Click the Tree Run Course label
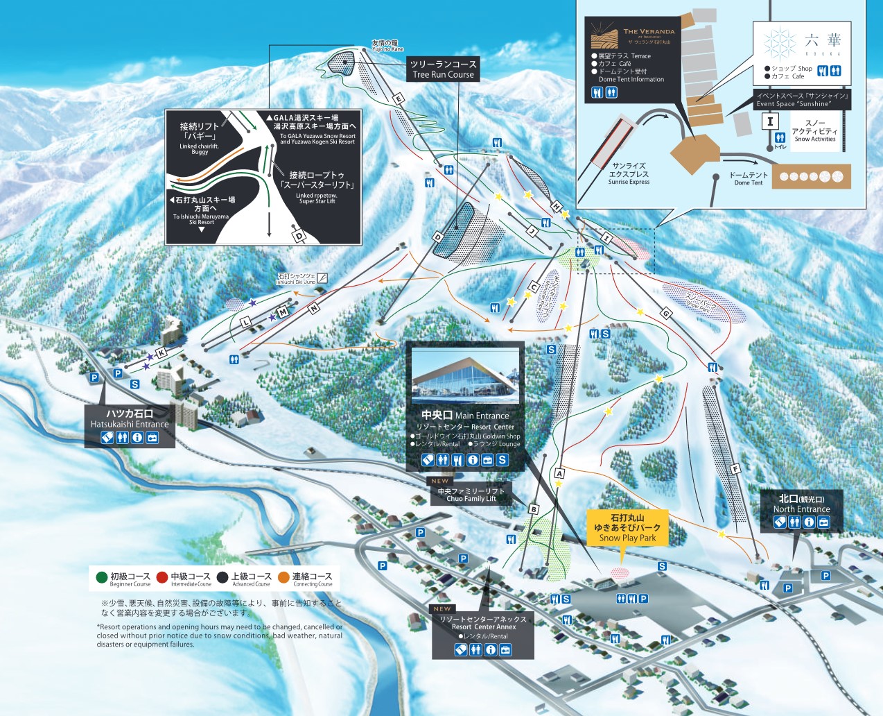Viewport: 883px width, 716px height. pyautogui.click(x=443, y=69)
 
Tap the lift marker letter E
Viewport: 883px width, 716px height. pyautogui.click(x=398, y=99)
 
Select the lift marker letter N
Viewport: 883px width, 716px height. pyautogui.click(x=314, y=307)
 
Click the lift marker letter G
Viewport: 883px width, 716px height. pyautogui.click(x=666, y=314)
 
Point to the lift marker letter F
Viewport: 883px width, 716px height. pyautogui.click(x=735, y=469)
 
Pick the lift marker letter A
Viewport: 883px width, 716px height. pyautogui.click(x=559, y=473)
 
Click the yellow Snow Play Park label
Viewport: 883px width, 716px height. pyautogui.click(x=627, y=527)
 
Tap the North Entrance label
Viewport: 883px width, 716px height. pyautogui.click(x=801, y=504)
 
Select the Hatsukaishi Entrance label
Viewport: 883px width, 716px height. pyautogui.click(x=130, y=418)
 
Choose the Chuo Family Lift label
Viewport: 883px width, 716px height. pyautogui.click(x=471, y=495)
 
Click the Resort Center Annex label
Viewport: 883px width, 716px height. pyautogui.click(x=483, y=622)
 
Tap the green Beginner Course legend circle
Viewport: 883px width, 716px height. pyautogui.click(x=102, y=577)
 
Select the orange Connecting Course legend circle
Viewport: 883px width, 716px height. pyautogui.click(x=283, y=577)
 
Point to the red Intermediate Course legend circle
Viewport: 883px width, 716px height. pyautogui.click(x=162, y=577)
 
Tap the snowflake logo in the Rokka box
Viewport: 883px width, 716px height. pyautogui.click(x=780, y=43)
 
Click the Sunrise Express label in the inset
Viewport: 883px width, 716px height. pyautogui.click(x=629, y=174)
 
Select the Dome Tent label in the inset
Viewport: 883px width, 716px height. pyautogui.click(x=748, y=179)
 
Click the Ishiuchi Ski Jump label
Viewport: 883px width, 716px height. pyautogui.click(x=296, y=279)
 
